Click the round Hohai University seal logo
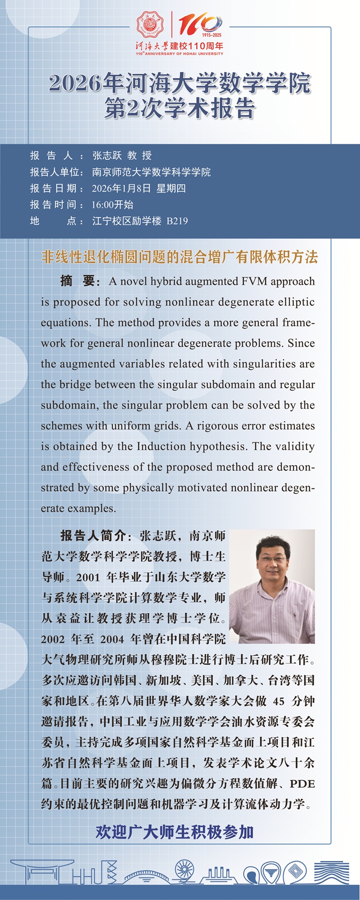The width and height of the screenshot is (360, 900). pyautogui.click(x=150, y=25)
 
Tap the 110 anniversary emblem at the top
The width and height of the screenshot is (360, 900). pyautogui.click(x=200, y=25)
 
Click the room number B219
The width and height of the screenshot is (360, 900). pyautogui.click(x=177, y=221)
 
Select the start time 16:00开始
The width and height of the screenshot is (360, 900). pyautogui.click(x=112, y=205)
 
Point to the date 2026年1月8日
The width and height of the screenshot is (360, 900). pyautogui.click(x=121, y=189)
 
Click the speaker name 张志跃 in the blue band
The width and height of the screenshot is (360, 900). pyautogui.click(x=107, y=156)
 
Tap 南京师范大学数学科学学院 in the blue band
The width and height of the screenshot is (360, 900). pyautogui.click(x=151, y=172)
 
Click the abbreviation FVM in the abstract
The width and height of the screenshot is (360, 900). pyautogui.click(x=254, y=282)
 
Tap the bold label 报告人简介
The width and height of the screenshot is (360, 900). pyautogui.click(x=92, y=536)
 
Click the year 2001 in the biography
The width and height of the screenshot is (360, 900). pyautogui.click(x=88, y=577)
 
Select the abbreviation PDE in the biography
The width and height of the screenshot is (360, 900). pyautogui.click(x=302, y=784)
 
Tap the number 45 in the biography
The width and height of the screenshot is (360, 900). pyautogui.click(x=279, y=701)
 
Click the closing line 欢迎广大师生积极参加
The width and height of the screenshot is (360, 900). pyautogui.click(x=174, y=832)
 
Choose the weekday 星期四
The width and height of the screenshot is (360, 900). pyautogui.click(x=171, y=189)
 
